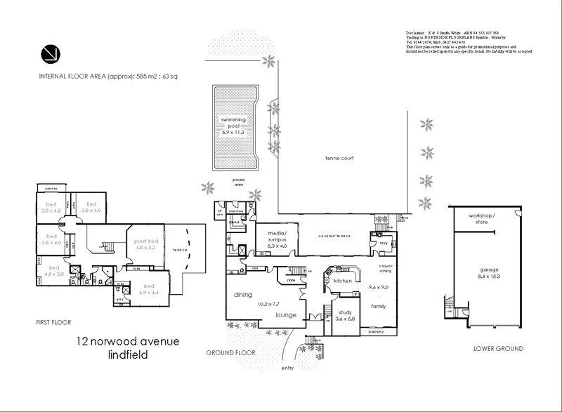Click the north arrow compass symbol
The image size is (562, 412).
point(50,53)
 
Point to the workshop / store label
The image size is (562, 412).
point(482,219)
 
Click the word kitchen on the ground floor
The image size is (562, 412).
point(342,281)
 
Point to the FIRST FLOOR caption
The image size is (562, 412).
point(54,322)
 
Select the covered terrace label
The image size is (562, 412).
point(334,236)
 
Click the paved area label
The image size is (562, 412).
point(239,182)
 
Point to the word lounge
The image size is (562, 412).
point(286,316)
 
